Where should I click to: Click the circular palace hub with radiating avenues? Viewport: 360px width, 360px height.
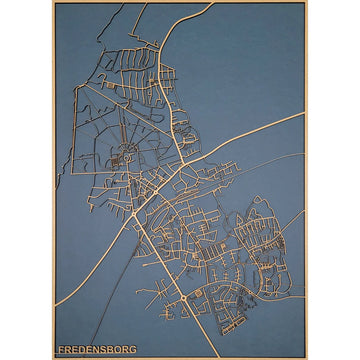coord(127,155)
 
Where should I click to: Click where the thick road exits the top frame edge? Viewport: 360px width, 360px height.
coord(211,4)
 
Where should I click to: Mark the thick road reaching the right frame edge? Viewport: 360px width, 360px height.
coord(303,113)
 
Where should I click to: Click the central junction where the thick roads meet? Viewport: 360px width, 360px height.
coord(180,170)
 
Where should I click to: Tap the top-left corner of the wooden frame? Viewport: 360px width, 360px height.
coord(53,3)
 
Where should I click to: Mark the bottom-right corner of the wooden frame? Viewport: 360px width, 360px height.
coord(306,357)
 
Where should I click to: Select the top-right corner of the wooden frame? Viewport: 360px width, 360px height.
coord(306,3)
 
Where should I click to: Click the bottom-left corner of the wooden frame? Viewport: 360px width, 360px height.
coord(53,357)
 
